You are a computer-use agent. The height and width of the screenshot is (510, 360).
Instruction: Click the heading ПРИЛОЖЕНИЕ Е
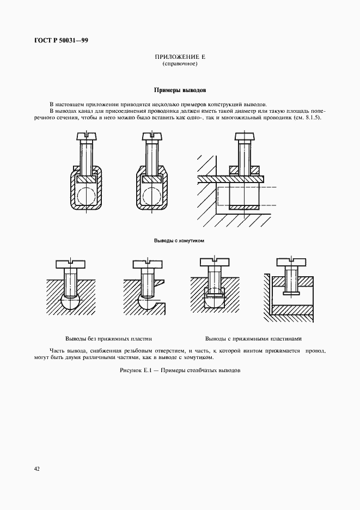coord(180,57)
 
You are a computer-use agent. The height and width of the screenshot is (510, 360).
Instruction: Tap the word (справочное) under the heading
coord(180,64)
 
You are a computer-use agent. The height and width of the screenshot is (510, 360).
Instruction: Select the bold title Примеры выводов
coord(180,90)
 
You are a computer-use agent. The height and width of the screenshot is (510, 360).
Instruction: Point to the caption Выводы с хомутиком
coord(179,240)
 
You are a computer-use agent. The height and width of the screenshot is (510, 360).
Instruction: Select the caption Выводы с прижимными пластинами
coord(253,338)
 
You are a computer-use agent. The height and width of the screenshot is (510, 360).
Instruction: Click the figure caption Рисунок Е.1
coord(180,371)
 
